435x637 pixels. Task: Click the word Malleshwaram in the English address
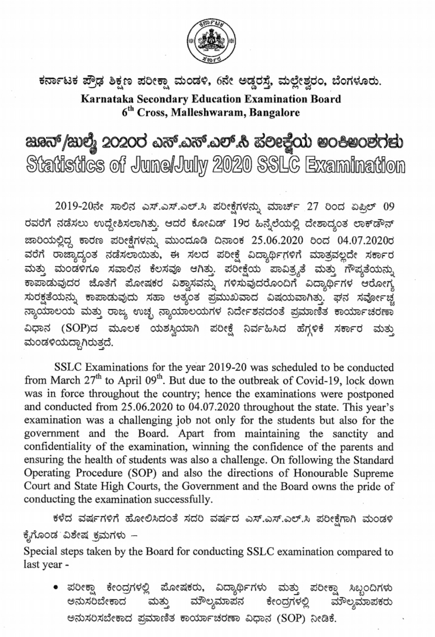pyautogui.click(x=224, y=113)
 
